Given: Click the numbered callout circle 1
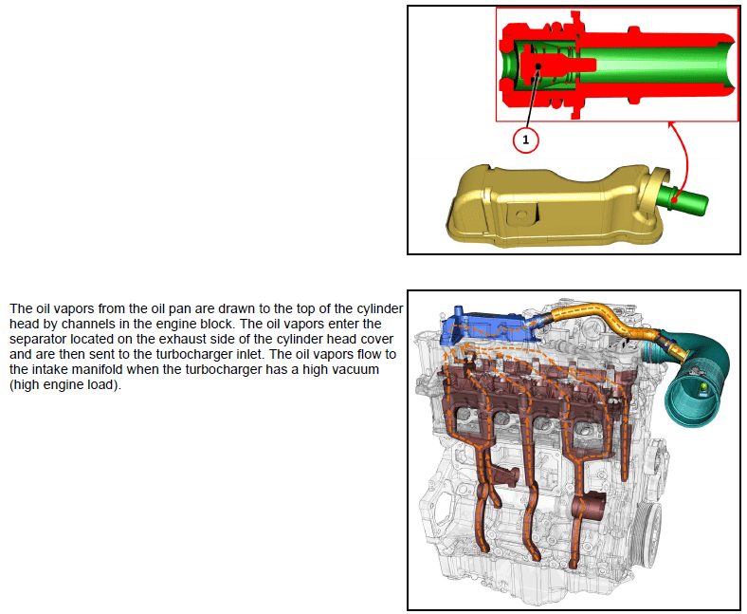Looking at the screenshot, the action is pyautogui.click(x=525, y=140).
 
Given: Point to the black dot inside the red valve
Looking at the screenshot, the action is pyautogui.click(x=538, y=66).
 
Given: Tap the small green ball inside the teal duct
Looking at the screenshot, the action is pyautogui.click(x=702, y=387).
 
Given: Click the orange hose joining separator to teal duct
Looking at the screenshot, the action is pyautogui.click(x=614, y=324).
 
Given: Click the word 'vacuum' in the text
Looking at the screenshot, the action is pyautogui.click(x=354, y=369).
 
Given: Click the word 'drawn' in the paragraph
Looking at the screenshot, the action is pyautogui.click(x=236, y=308).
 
